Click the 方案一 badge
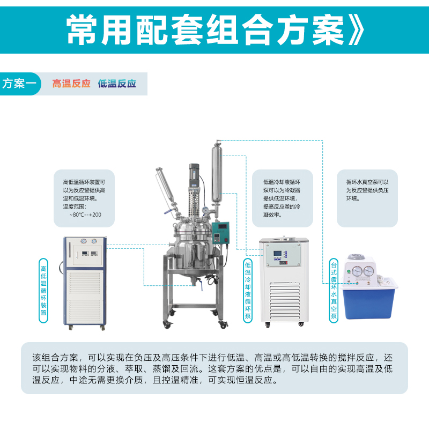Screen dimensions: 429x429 pyautogui.click(x=20, y=84)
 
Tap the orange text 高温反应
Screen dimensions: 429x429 pyautogui.click(x=71, y=84)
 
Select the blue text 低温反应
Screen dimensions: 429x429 pyautogui.click(x=117, y=84)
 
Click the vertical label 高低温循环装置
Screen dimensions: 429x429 pyautogui.click(x=43, y=291)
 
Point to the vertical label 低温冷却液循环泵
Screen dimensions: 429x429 pyautogui.click(x=248, y=291)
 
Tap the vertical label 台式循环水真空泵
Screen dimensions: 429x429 pyautogui.click(x=334, y=291)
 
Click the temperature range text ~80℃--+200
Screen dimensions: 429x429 pyautogui.click(x=85, y=215)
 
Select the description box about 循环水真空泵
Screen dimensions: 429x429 pyautogui.click(x=367, y=198)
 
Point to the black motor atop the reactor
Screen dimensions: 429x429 pyautogui.click(x=194, y=175)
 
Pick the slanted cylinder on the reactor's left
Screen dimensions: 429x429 pyautogui.click(x=166, y=186)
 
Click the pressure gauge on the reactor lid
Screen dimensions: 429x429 pyautogui.click(x=205, y=210)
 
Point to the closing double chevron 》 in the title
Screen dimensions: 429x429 pyautogui.click(x=356, y=30)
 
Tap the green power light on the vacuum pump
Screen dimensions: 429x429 pyautogui.click(x=349, y=272)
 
